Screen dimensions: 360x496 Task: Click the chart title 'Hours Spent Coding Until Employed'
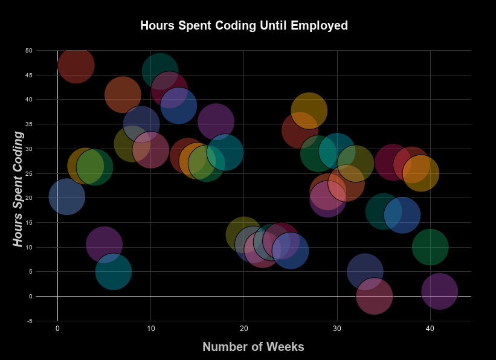tap(244, 26)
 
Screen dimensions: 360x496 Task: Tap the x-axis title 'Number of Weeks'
tap(253, 347)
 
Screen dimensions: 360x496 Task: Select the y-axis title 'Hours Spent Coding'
tap(18, 189)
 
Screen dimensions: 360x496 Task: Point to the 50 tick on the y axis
tap(28, 51)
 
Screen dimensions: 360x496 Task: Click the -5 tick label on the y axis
tap(29, 321)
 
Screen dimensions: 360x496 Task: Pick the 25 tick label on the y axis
tap(28, 173)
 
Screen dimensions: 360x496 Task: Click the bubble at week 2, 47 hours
tap(76, 65)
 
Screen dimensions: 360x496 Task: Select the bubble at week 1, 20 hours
tap(66, 197)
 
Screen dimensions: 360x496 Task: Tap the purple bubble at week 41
tap(439, 292)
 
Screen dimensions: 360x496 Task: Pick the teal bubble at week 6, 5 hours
tap(113, 272)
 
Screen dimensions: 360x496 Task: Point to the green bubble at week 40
tap(430, 247)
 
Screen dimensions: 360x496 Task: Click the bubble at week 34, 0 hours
tap(375, 297)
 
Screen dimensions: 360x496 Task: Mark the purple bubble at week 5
tap(104, 245)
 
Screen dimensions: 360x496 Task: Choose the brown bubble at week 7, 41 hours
tap(123, 95)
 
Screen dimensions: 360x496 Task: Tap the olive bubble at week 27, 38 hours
tap(309, 110)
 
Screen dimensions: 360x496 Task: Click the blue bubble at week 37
tap(402, 214)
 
